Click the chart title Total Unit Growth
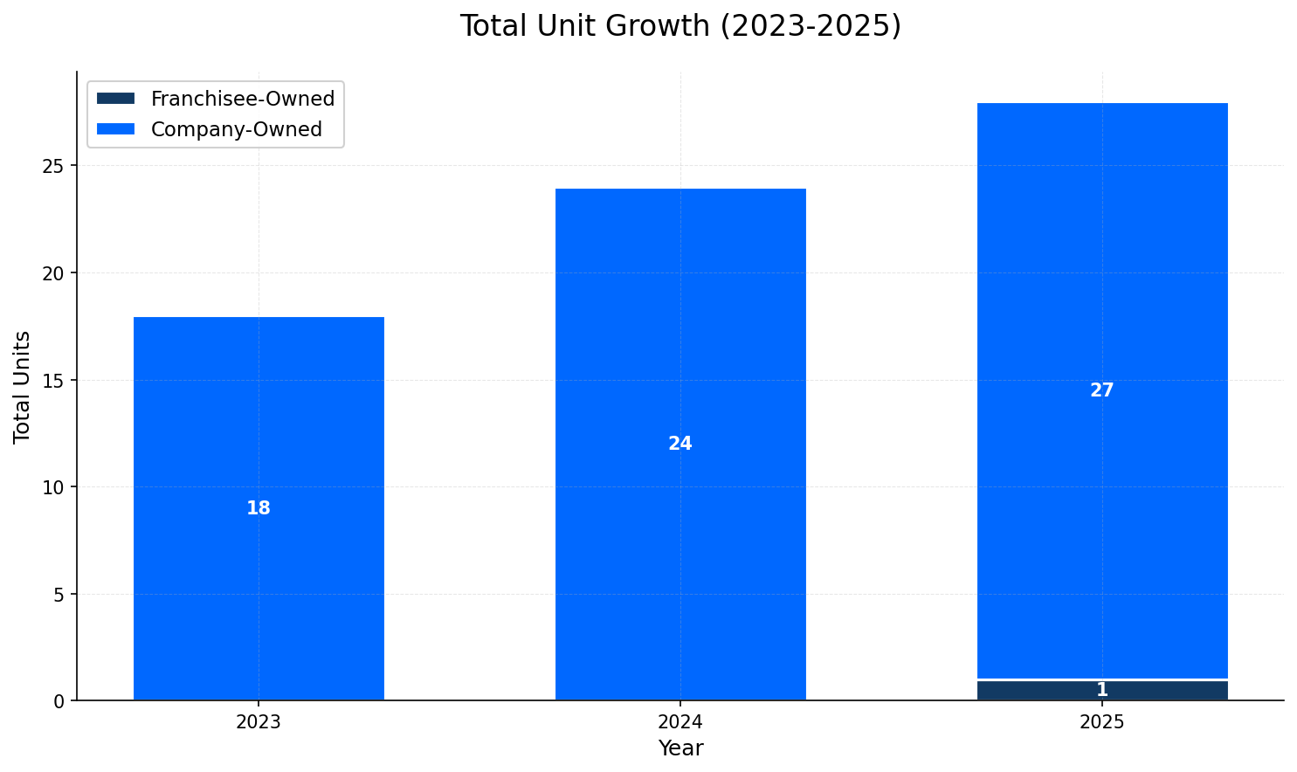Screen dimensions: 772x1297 (x=680, y=26)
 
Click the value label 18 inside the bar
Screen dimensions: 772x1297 (x=259, y=508)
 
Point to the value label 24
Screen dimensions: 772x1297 (x=680, y=444)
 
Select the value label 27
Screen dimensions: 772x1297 (x=1102, y=390)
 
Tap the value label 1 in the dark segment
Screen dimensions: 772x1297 (x=1102, y=690)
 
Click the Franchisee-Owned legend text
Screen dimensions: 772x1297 (x=243, y=99)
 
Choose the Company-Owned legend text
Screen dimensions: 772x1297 (x=237, y=129)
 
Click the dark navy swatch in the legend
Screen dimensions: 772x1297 (x=116, y=99)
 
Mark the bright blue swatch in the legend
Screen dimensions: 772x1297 (x=116, y=129)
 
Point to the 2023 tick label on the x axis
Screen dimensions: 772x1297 (x=259, y=722)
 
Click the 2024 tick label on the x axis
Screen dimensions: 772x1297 (x=680, y=722)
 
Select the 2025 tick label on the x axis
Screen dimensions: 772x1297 (x=1102, y=722)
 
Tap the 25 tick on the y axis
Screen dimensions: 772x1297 (x=55, y=166)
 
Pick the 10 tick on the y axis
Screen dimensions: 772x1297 (x=55, y=487)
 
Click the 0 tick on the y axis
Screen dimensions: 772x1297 (x=59, y=701)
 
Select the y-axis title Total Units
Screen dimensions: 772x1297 (x=23, y=386)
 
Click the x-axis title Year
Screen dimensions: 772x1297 (x=680, y=748)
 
